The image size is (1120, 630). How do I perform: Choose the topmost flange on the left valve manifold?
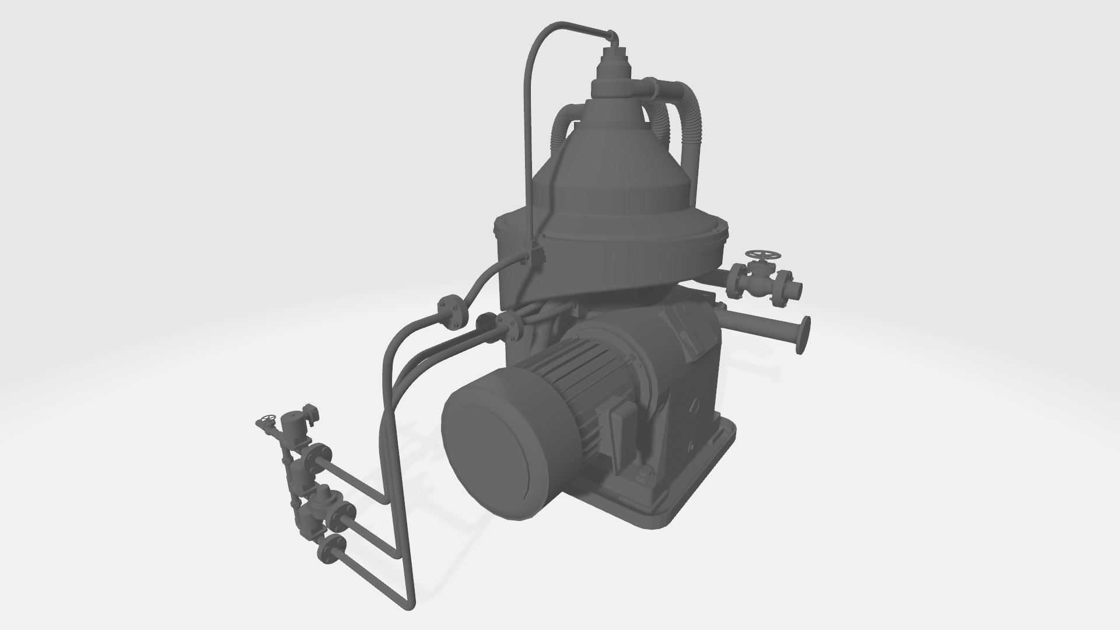[320, 454]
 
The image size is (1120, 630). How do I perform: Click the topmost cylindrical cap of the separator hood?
[612, 56]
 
